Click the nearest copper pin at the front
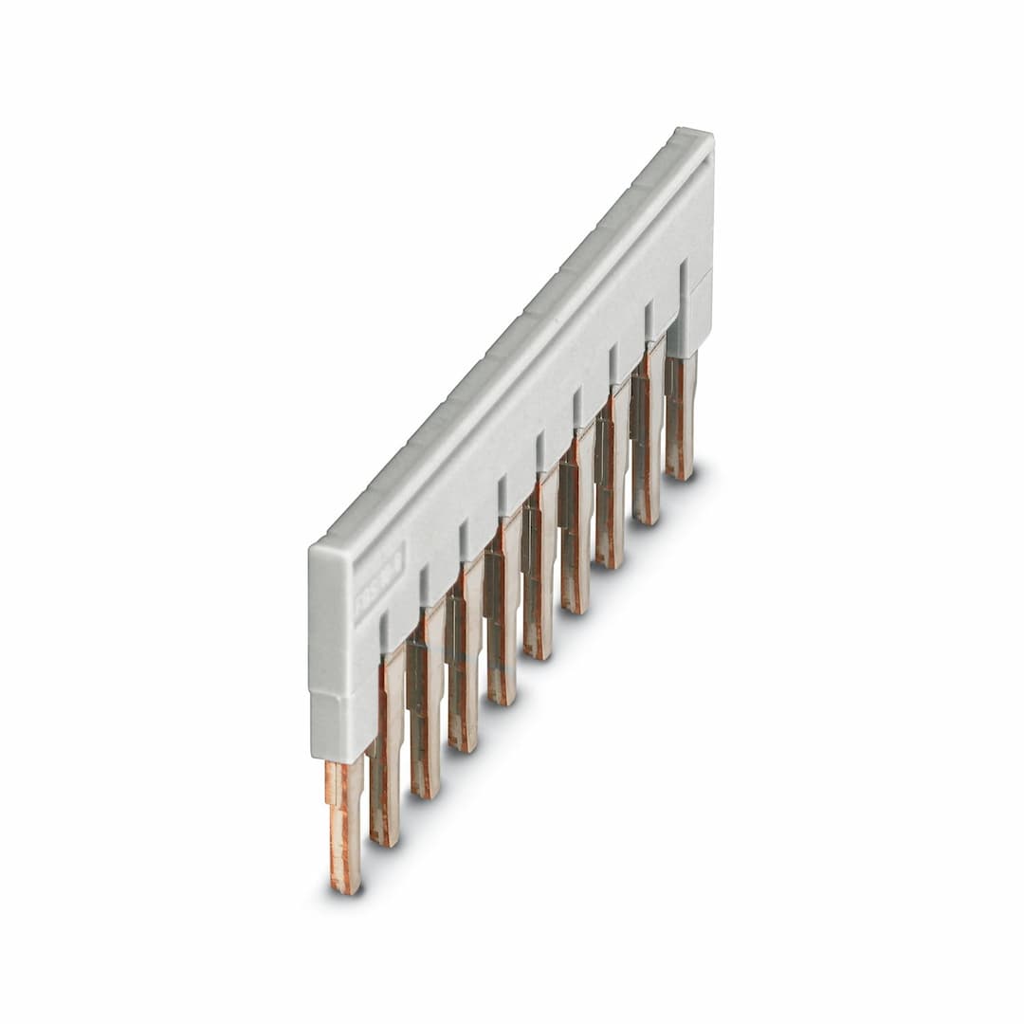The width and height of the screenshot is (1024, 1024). (x=345, y=825)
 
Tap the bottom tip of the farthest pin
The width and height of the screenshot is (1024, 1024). (x=680, y=473)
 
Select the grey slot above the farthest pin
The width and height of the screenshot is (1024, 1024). (x=683, y=275)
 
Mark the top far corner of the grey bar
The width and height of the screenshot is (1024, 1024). (x=697, y=133)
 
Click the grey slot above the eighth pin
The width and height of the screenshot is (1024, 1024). (x=613, y=362)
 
